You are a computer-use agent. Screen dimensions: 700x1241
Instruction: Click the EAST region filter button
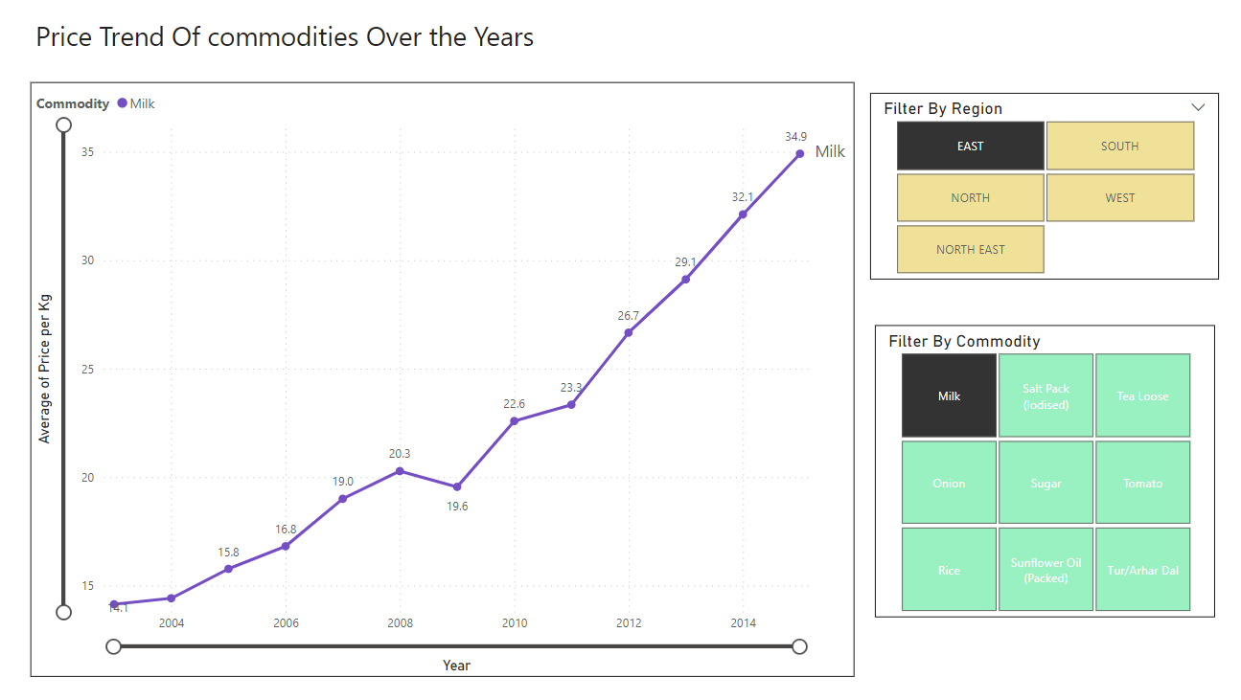970,147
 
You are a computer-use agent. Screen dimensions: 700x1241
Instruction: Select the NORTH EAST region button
970,250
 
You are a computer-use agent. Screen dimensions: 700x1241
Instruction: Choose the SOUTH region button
1119,147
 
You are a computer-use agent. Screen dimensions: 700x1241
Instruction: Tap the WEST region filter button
1119,198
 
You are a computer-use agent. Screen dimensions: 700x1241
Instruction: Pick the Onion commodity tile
949,483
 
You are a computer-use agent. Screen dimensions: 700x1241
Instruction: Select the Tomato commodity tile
1142,483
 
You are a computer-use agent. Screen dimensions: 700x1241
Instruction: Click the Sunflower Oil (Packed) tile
1046,570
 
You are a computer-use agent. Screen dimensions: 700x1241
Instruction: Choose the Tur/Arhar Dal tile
1142,570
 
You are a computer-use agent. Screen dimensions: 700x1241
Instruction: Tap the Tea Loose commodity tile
1142,395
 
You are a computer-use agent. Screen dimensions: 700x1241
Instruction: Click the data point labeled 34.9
800,153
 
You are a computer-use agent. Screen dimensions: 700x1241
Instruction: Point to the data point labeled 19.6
457,486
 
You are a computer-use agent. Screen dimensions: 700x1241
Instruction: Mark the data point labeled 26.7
629,332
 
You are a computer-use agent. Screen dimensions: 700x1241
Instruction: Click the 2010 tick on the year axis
515,623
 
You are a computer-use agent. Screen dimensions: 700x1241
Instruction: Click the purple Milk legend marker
122,103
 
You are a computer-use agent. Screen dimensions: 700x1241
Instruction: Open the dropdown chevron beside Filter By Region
1197,107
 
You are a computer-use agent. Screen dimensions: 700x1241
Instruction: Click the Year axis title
456,665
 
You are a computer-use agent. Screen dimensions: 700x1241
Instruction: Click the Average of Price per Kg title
44,369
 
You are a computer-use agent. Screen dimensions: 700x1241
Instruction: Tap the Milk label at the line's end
830,151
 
